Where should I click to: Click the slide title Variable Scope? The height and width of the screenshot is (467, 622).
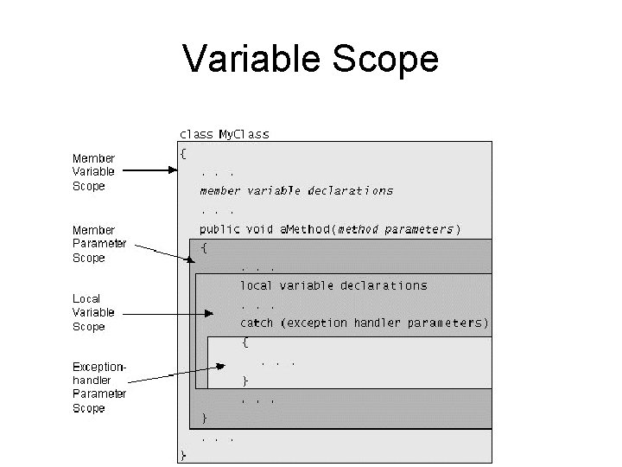310,59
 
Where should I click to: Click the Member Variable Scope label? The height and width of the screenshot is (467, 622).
93,172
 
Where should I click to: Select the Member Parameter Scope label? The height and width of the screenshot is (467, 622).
99,244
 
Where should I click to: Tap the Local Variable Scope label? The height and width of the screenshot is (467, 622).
93,312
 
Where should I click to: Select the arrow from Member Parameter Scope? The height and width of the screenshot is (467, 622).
164,251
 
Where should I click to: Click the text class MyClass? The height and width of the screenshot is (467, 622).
224,134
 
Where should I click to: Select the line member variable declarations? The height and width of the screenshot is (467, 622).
296,190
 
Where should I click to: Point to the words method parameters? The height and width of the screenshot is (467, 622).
395,229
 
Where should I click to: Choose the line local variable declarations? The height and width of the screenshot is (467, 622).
333,285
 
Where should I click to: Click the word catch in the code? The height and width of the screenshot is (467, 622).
257,323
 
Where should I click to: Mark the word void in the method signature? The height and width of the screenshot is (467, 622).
261,229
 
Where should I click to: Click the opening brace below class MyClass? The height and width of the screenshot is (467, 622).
183,154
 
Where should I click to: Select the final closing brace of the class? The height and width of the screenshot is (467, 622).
183,455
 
